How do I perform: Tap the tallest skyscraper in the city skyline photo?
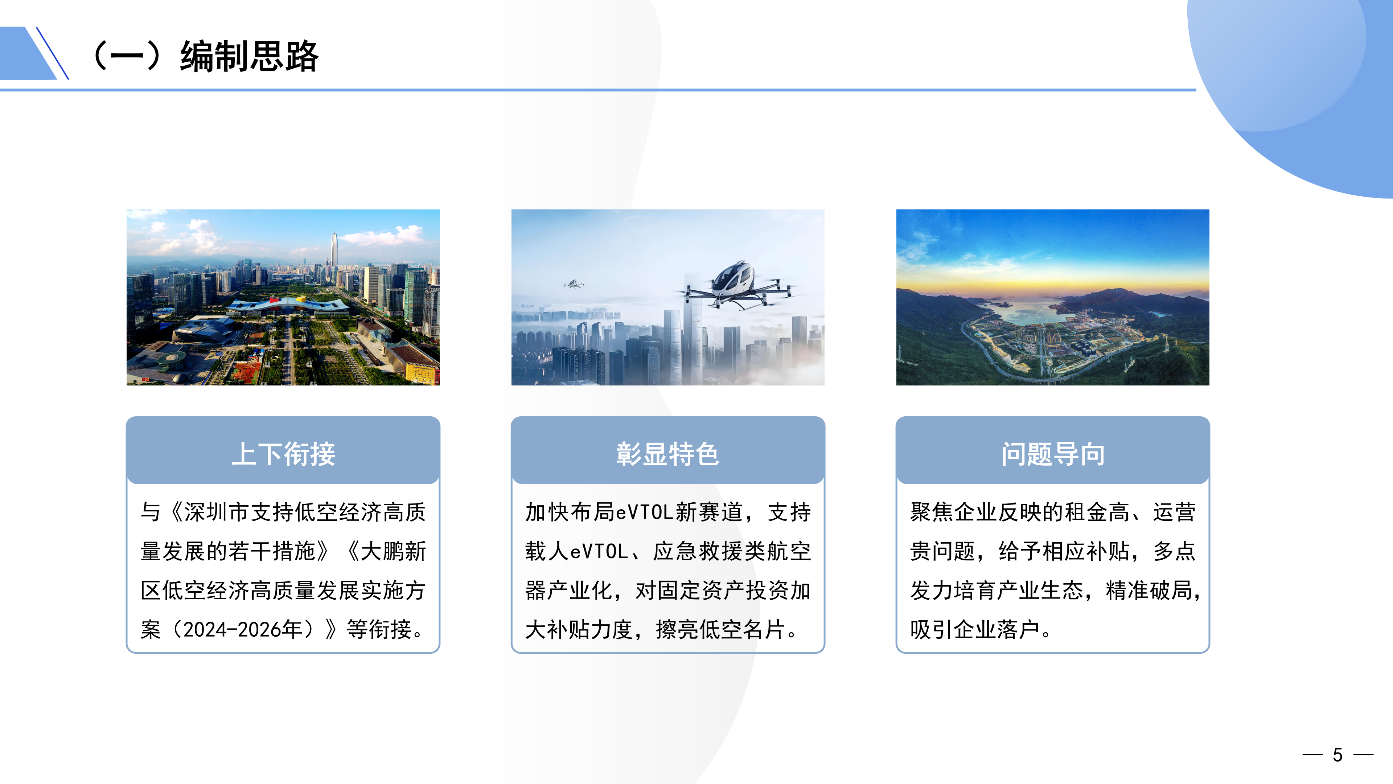[x=334, y=257]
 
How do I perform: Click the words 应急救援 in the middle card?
[x=698, y=551]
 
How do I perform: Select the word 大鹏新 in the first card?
[x=393, y=551]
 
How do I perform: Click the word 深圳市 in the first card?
[x=217, y=512]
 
